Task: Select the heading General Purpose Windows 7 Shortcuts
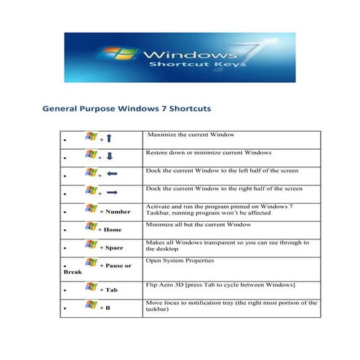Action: (x=127, y=108)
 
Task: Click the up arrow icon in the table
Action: (x=109, y=138)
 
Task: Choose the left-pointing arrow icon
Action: (x=112, y=175)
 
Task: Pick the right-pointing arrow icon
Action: (x=112, y=193)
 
